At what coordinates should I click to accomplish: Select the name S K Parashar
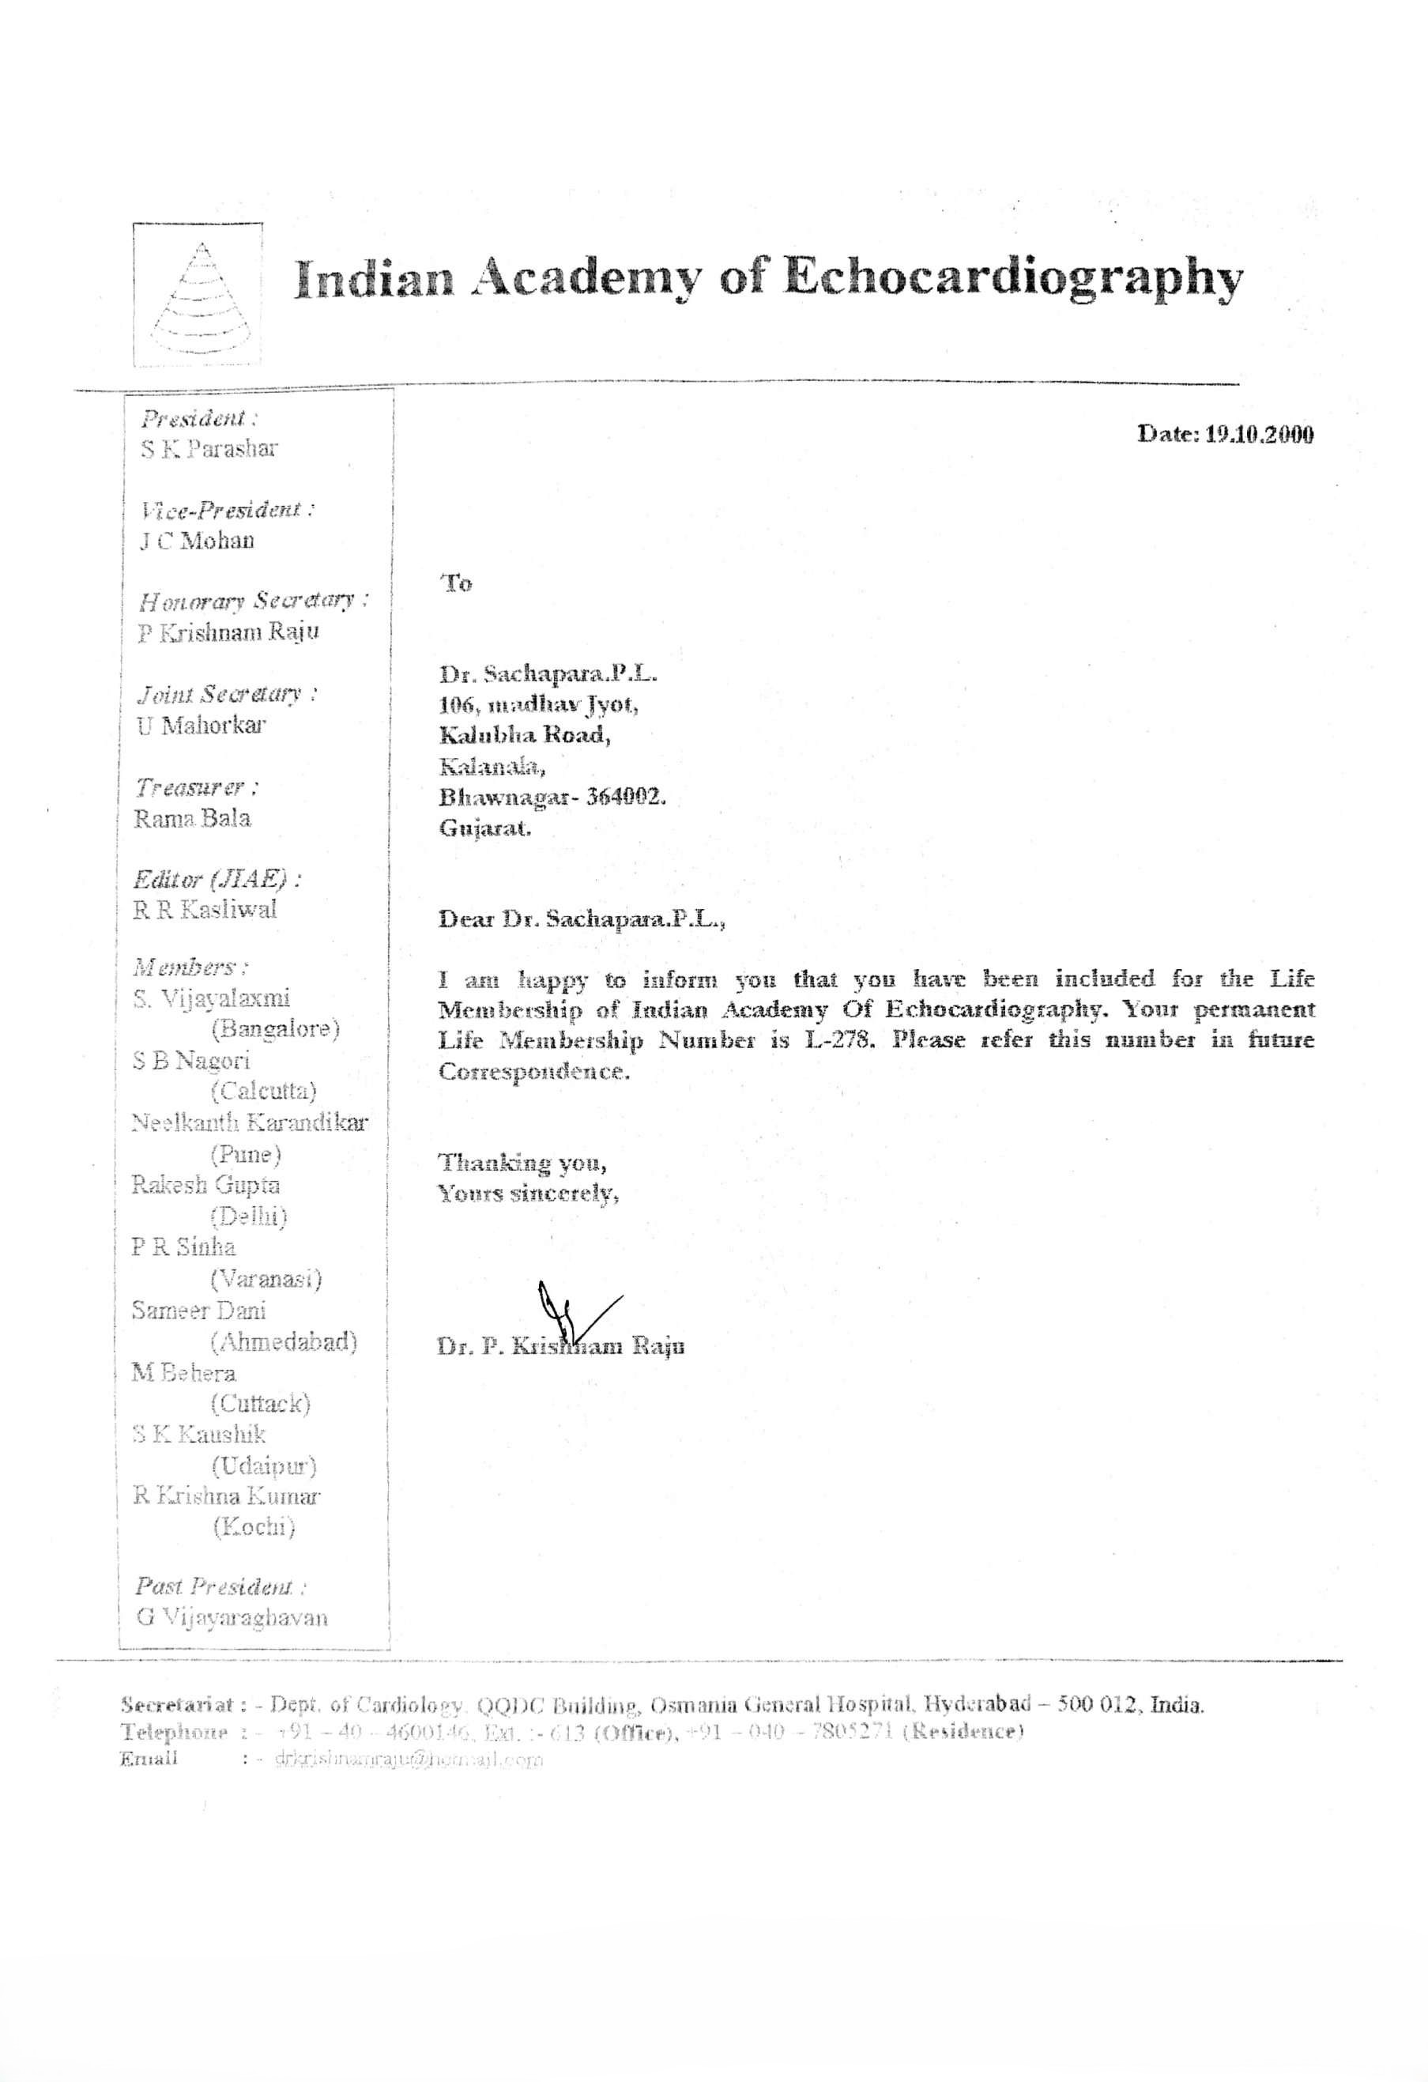(x=209, y=450)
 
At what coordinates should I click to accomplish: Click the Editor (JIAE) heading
(x=216, y=880)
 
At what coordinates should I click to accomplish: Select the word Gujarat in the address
(x=484, y=828)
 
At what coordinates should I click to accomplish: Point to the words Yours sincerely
(x=528, y=1194)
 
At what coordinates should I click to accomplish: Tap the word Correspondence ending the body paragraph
(x=534, y=1073)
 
